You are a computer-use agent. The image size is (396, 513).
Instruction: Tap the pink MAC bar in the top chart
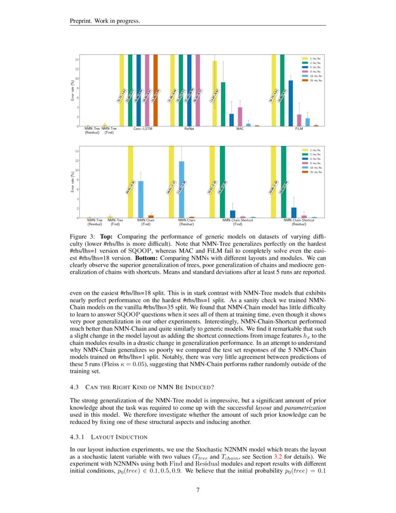240,117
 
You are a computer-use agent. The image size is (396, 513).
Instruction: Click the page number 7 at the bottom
198,490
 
